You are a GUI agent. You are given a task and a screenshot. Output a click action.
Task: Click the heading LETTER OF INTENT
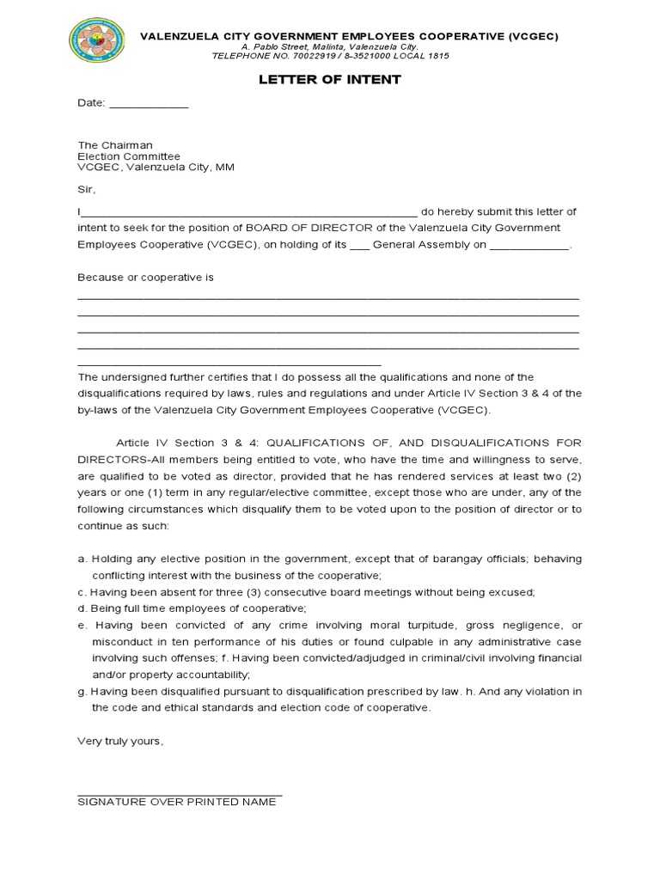coord(330,80)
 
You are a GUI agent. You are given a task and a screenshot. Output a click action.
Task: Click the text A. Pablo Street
coord(271,46)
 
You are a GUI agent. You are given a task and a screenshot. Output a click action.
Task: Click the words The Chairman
coord(115,145)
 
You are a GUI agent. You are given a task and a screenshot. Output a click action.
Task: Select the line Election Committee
coord(129,156)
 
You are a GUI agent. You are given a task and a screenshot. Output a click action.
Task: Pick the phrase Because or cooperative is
coord(145,278)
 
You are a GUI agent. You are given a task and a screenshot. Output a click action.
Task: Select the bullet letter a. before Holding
coord(82,559)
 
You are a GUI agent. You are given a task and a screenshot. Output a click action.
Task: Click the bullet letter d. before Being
coord(82,608)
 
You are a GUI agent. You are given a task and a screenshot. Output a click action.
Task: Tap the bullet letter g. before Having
coord(82,692)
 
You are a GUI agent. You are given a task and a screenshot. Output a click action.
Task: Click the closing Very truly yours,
coord(119,740)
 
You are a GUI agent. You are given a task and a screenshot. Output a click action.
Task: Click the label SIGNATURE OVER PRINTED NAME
coord(177,801)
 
